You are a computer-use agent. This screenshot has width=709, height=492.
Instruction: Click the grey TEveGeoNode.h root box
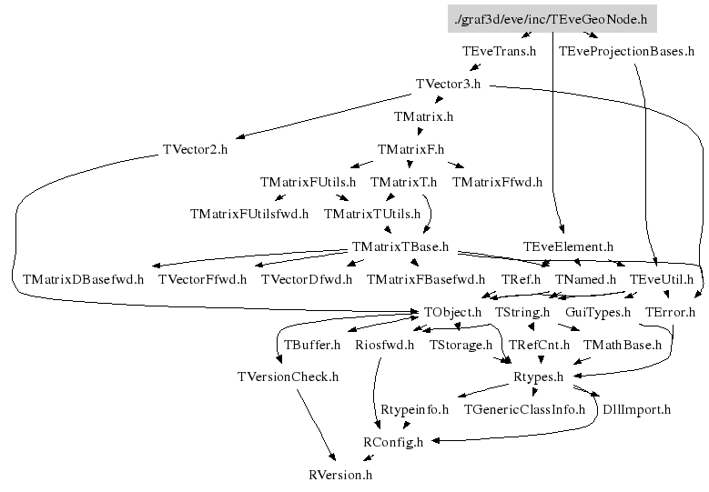[x=552, y=19]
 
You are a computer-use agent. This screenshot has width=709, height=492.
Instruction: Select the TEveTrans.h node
[x=499, y=52]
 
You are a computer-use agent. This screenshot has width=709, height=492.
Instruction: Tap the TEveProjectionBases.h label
[x=626, y=52]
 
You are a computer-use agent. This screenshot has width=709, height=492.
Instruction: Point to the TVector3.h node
[x=448, y=85]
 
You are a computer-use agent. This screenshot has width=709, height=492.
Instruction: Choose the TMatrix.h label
[x=423, y=117]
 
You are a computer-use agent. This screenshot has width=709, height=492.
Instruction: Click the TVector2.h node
[x=195, y=149]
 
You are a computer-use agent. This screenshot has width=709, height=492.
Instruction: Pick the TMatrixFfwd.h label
[x=497, y=182]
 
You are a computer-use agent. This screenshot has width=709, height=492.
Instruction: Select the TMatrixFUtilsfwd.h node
[x=249, y=215]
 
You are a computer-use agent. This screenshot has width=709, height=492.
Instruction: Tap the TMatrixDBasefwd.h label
[x=83, y=279]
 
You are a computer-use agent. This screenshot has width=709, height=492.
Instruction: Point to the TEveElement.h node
[x=568, y=246]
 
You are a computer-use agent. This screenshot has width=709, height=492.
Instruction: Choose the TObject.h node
[x=452, y=312]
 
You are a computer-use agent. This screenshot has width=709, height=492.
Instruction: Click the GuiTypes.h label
[x=598, y=312]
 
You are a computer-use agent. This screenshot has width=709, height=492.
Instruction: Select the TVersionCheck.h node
[x=288, y=377]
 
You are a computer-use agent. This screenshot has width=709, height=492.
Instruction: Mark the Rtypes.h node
[x=539, y=377]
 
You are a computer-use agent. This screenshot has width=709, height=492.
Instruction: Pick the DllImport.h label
[x=636, y=409]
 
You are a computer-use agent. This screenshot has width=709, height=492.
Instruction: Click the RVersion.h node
[x=340, y=474]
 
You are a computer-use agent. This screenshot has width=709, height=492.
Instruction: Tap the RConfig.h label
[x=393, y=442]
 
